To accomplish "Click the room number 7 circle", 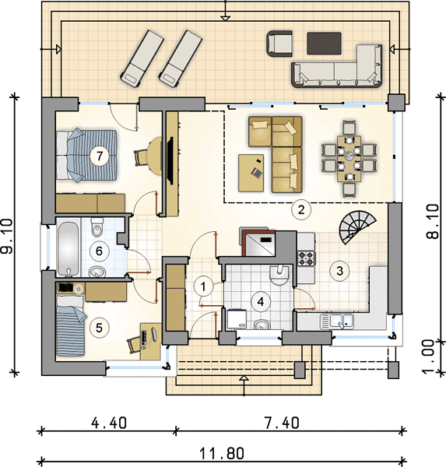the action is tap(100, 156).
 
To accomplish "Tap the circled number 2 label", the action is tap(301, 209).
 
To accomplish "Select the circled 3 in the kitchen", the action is tap(339, 271).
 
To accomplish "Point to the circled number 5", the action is tap(99, 328).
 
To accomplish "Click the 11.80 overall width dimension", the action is tap(221, 454).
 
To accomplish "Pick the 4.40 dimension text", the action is tap(109, 423).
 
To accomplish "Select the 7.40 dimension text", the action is tap(282, 423).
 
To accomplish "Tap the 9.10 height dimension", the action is tap(7, 236).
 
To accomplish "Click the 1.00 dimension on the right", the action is tap(430, 356).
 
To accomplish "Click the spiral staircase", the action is tap(357, 226).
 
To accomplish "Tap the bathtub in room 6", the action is tap(68, 249).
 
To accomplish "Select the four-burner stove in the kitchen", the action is tap(306, 258).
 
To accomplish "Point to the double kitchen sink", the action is tap(337, 321).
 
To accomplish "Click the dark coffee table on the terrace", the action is tap(324, 43).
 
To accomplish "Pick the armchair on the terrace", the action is tap(279, 44).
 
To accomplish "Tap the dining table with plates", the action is tap(349, 159).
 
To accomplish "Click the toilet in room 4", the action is tap(279, 275).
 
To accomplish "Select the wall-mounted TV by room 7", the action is tap(170, 160).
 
